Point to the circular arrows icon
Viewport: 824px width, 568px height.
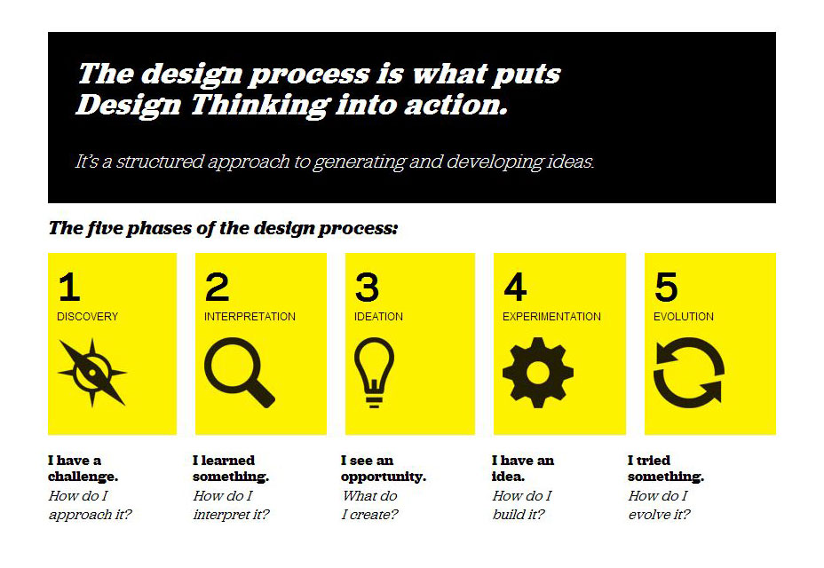pyautogui.click(x=689, y=373)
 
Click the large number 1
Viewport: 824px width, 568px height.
pyautogui.click(x=68, y=288)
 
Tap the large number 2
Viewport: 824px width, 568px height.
pyautogui.click(x=217, y=288)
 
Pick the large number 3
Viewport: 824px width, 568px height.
pyautogui.click(x=367, y=288)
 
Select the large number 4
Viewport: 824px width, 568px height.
pyautogui.click(x=515, y=288)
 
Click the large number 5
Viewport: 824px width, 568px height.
pyautogui.click(x=666, y=288)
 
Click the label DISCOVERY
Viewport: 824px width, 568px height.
pyautogui.click(x=87, y=317)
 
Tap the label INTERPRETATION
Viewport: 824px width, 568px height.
pyautogui.click(x=250, y=317)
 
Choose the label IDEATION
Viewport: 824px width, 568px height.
pyautogui.click(x=378, y=317)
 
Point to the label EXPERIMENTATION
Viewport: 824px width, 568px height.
pyautogui.click(x=551, y=317)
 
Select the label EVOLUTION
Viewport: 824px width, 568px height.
pyautogui.click(x=684, y=317)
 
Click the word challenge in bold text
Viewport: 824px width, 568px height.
pyautogui.click(x=83, y=477)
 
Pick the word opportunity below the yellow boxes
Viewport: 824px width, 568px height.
pyautogui.click(x=383, y=477)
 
